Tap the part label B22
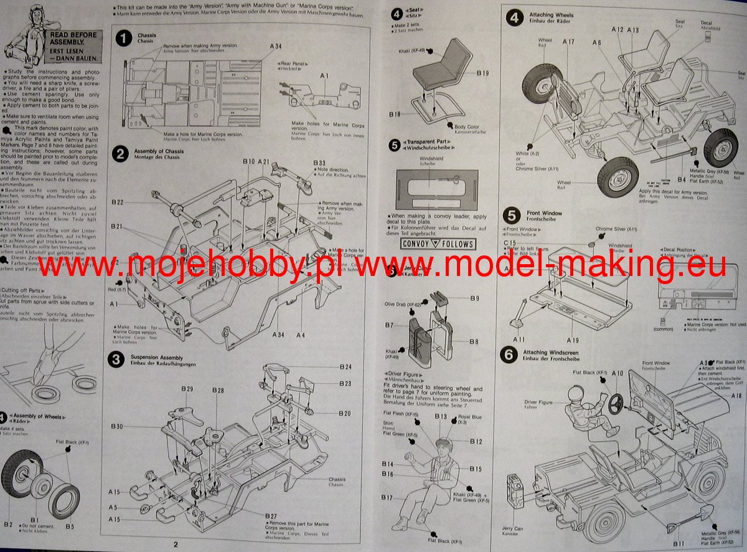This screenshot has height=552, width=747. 118,202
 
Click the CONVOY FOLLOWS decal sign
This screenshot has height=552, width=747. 438,244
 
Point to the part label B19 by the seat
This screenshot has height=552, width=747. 484,74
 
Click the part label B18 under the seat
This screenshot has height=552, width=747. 395,114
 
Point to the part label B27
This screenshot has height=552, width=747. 270,516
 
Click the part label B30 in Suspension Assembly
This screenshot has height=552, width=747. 117,426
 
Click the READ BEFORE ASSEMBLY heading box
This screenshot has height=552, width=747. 73,45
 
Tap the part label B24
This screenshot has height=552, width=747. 345,367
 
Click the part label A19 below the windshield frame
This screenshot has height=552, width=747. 573,340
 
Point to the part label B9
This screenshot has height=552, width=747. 475,298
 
